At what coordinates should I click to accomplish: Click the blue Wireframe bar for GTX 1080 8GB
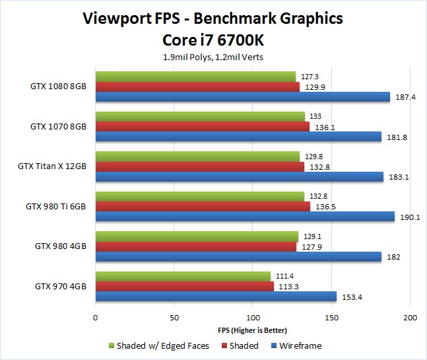(243, 96)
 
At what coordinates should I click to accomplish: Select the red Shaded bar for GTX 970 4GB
(184, 287)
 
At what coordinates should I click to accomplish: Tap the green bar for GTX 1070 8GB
(200, 116)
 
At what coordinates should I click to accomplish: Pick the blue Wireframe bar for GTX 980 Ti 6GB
(245, 216)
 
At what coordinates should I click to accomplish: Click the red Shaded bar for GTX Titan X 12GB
(200, 166)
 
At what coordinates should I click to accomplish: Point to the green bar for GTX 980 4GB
(197, 236)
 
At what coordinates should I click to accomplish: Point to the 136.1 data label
(323, 127)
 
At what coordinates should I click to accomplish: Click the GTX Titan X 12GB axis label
(52, 166)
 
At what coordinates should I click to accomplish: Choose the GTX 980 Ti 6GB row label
(56, 206)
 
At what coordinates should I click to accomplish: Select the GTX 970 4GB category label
(61, 286)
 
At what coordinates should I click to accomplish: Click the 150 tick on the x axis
(331, 318)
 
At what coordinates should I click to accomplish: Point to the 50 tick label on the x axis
(174, 318)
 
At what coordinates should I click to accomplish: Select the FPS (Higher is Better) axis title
(253, 330)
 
